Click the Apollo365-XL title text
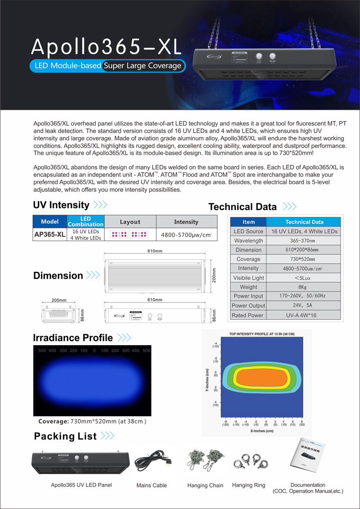[x=105, y=46]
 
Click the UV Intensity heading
[x=61, y=205]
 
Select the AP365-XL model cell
[x=50, y=234]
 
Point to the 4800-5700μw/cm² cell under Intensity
[x=186, y=234]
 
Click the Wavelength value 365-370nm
[x=304, y=240]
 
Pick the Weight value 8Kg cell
[x=304, y=287]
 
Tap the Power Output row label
[x=248, y=306]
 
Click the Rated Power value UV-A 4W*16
[x=304, y=315]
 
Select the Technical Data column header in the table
[x=304, y=222]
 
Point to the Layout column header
[x=130, y=222]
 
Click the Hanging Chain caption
[x=205, y=486]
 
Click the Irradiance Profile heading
[x=73, y=338]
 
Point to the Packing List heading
[x=65, y=436]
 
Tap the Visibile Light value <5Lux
[x=304, y=278]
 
